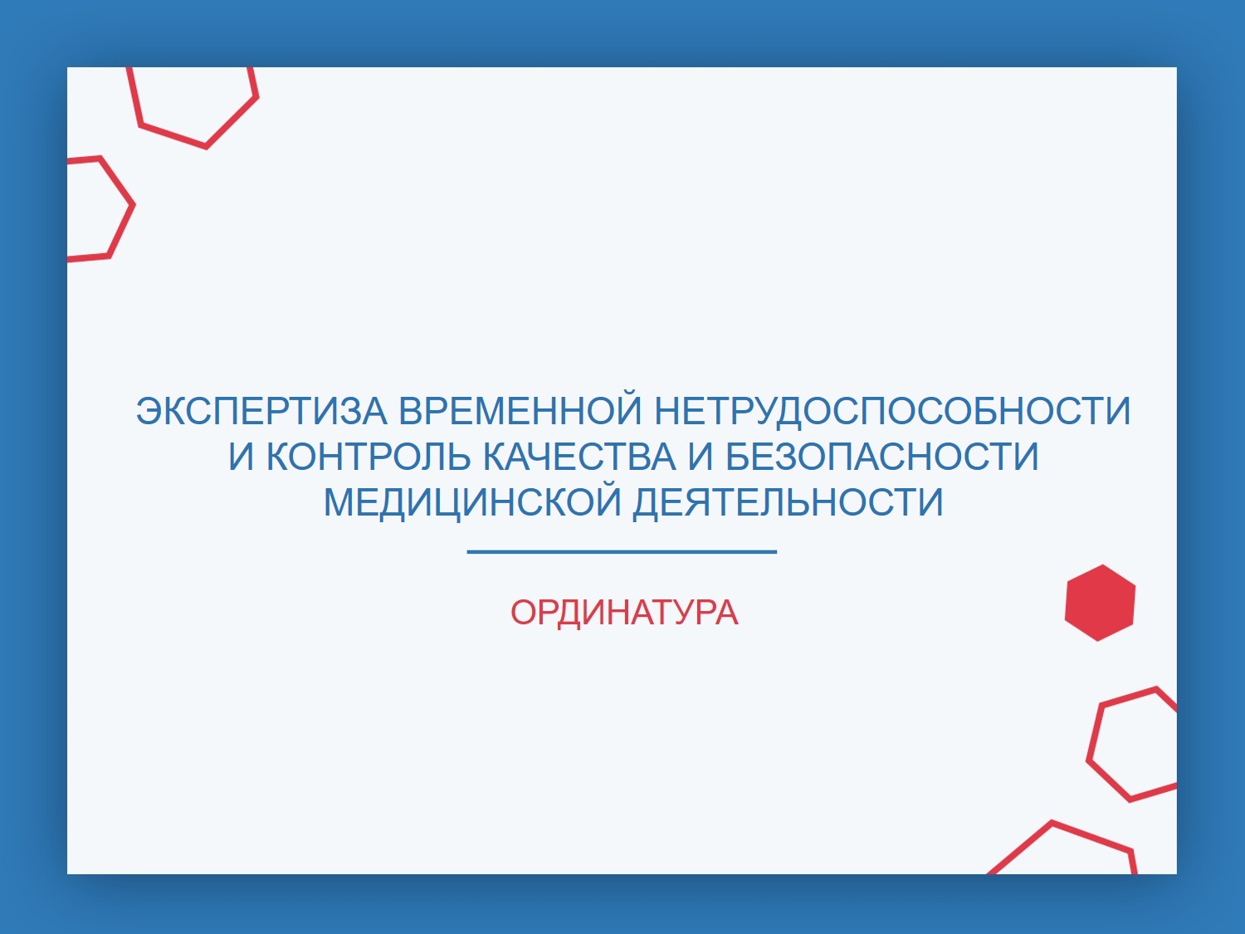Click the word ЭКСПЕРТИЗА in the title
pyautogui.click(x=261, y=411)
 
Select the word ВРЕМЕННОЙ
pyautogui.click(x=520, y=411)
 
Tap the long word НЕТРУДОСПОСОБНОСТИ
pyautogui.click(x=893, y=411)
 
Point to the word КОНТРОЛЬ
pyautogui.click(x=368, y=457)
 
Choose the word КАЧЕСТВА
pyautogui.click(x=579, y=457)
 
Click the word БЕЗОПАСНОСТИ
pyautogui.click(x=882, y=457)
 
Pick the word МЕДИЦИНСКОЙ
pyautogui.click(x=472, y=502)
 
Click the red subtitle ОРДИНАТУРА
pyautogui.click(x=624, y=614)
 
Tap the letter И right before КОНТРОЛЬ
pyautogui.click(x=241, y=457)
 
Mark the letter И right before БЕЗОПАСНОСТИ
pyautogui.click(x=701, y=457)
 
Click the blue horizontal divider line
pyautogui.click(x=622, y=551)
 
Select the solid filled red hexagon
pyautogui.click(x=1100, y=603)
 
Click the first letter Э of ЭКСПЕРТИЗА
pyautogui.click(x=149, y=411)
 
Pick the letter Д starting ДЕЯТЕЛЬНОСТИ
pyautogui.click(x=647, y=505)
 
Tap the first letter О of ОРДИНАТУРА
pyautogui.click(x=525, y=614)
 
